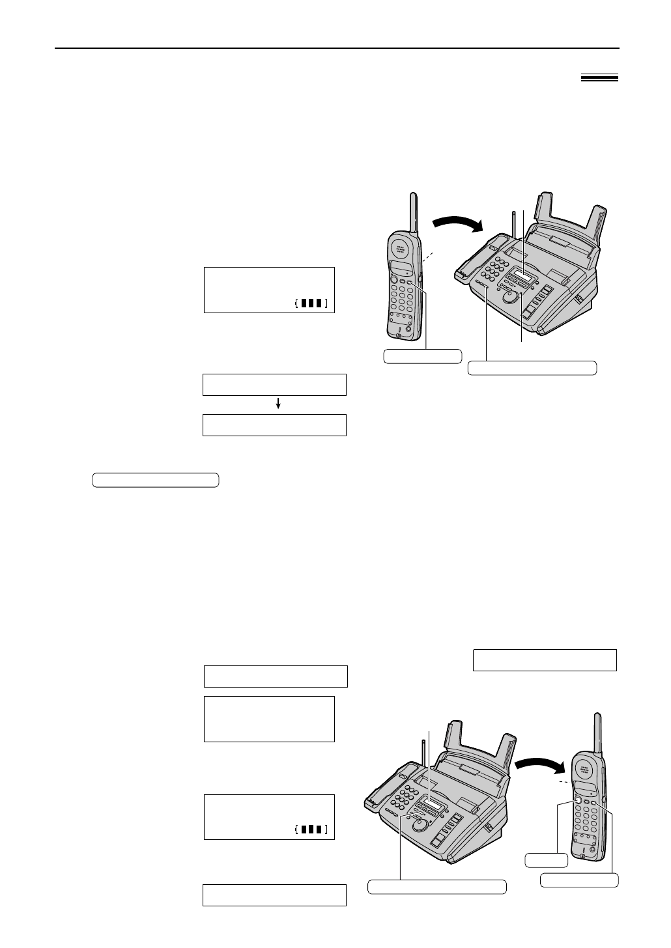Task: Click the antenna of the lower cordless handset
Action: [x=596, y=732]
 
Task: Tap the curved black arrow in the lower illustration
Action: [x=536, y=761]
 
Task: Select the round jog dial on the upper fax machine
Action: [x=511, y=297]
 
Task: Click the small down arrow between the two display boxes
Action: [x=278, y=404]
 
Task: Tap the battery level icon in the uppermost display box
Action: [x=311, y=303]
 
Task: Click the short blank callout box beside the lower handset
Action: [x=546, y=861]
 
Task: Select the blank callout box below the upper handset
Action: [x=422, y=356]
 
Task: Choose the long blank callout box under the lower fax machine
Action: [x=437, y=887]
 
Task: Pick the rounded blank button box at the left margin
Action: [x=155, y=481]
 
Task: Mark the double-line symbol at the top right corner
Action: [x=599, y=78]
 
